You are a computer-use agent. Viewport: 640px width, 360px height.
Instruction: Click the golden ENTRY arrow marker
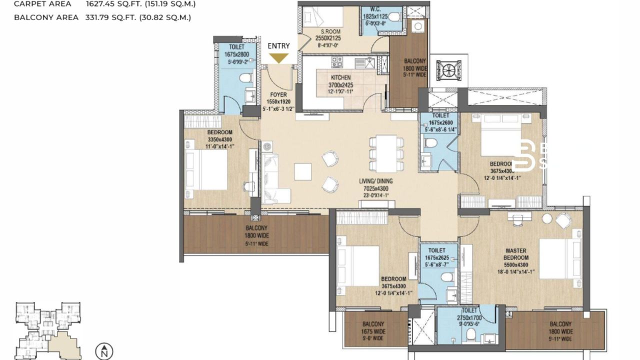pos(278,57)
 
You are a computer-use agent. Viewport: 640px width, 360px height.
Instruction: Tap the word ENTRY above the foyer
pos(278,46)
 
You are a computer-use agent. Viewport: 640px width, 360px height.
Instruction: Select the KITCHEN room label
pos(340,78)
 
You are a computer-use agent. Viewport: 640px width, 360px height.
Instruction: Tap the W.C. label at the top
pos(376,9)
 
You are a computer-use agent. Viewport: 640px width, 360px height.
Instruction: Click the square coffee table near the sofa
pos(302,171)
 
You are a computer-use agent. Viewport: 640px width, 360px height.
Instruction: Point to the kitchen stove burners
pos(337,62)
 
